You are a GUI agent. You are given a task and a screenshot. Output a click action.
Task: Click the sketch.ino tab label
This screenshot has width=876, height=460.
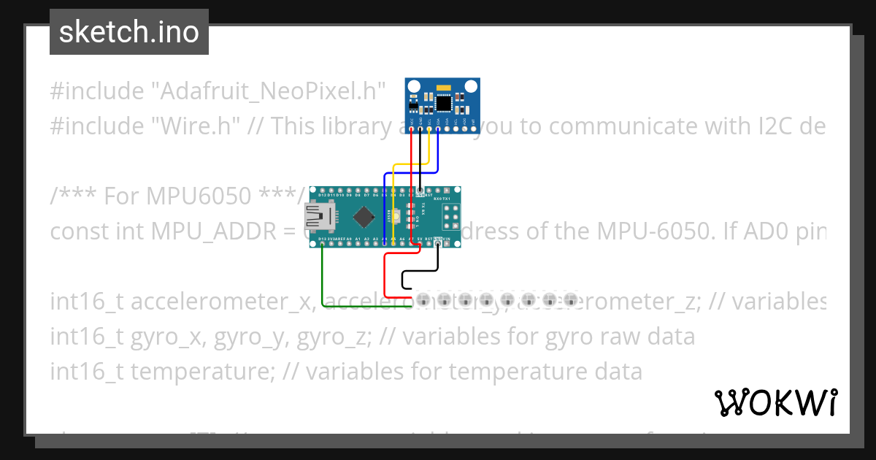click(129, 32)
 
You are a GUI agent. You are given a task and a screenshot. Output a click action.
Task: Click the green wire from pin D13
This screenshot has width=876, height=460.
click(322, 277)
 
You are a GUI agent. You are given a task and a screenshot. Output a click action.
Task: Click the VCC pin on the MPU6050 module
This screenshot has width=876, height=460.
click(412, 130)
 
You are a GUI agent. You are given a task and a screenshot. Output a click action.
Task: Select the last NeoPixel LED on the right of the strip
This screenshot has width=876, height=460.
click(571, 299)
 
